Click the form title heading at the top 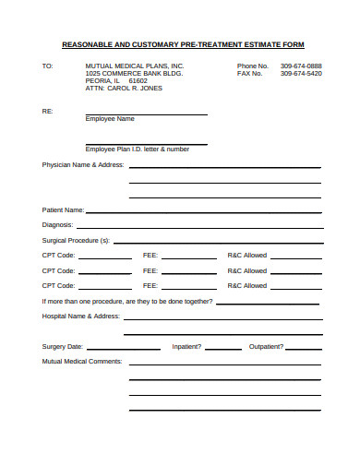pos(182,44)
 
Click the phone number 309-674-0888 pos(301,66)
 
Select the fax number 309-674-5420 pos(301,74)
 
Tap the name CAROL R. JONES pos(133,89)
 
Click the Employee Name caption pos(110,119)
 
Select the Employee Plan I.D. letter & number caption pos(138,149)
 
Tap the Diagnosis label pos(58,224)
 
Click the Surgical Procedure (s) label pos(76,240)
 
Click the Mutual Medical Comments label pos(82,362)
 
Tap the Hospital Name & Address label pos(81,316)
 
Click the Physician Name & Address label pos(82,164)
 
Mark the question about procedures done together pos(127,302)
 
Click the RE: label pos(48,111)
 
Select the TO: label pos(48,66)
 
